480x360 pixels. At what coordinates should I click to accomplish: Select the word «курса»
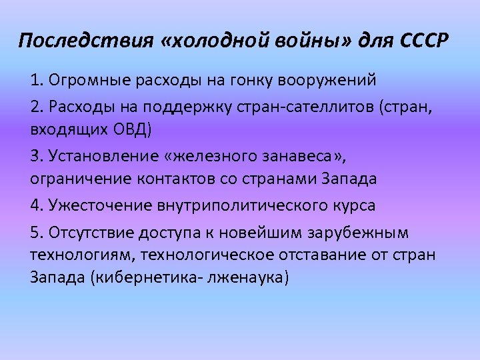pyautogui.click(x=355, y=205)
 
